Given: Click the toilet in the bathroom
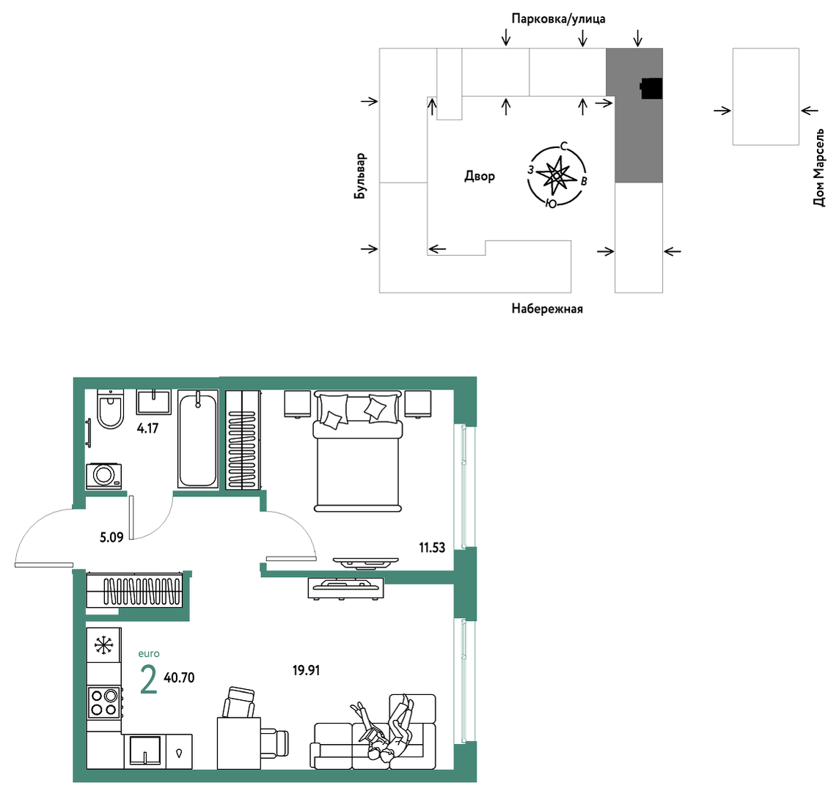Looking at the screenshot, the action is coord(110,408).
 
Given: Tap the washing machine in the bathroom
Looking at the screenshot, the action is coord(104,476).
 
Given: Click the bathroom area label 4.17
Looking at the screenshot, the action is coord(147,428).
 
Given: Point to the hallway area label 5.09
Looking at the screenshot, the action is coord(111,537).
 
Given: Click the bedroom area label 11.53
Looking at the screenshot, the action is coord(432,547).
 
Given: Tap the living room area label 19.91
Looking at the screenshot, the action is coord(306,670).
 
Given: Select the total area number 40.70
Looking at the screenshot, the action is coord(179,677).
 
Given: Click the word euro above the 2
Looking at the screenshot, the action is coord(149,654).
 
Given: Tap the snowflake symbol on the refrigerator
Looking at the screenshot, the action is coord(104,646).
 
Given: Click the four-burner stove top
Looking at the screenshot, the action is coord(104,702).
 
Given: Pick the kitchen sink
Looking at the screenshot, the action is coord(145,751).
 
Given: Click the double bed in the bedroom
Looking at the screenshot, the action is coord(358,452).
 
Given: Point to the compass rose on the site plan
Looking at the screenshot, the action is coord(556,175).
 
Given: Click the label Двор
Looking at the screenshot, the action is coord(480,176).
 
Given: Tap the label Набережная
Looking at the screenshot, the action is coord(547,309).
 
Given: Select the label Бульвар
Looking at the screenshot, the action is coord(361,177).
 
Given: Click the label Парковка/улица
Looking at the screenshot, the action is coord(559,19).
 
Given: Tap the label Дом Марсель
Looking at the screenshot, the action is coord(818,167).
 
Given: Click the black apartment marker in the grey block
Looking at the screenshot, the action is coord(651,89).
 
